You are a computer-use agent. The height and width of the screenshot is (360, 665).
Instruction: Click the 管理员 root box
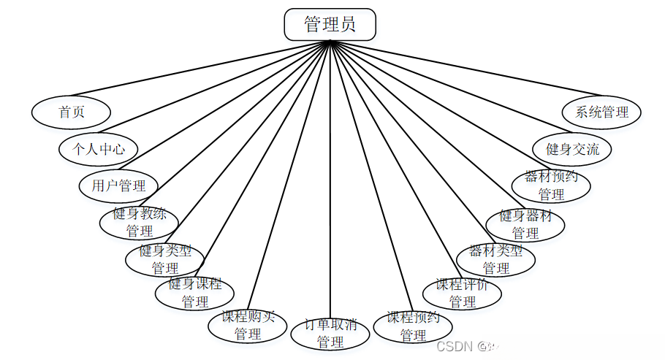(x=330, y=24)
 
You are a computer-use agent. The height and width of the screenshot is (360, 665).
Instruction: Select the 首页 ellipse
(x=71, y=112)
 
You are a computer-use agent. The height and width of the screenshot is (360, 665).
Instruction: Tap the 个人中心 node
(x=98, y=150)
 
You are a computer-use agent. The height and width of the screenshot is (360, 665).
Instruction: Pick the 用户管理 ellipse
(x=118, y=185)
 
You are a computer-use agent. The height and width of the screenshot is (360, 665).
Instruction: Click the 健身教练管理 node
(x=139, y=222)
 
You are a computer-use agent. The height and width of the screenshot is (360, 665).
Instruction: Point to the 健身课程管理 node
(x=194, y=292)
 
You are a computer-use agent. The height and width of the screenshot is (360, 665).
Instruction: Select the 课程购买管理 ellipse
(x=248, y=326)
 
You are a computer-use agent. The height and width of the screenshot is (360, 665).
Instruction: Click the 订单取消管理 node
(x=330, y=333)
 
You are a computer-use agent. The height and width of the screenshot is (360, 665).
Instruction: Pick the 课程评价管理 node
(x=462, y=293)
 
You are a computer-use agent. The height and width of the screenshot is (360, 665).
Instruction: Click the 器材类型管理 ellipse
(x=495, y=259)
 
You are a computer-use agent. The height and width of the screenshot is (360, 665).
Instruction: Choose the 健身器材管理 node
(x=525, y=224)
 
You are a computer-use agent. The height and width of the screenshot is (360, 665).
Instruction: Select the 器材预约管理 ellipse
(x=551, y=185)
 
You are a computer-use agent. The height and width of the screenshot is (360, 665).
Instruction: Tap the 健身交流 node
(x=572, y=149)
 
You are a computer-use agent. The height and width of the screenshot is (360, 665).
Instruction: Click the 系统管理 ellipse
(x=601, y=112)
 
